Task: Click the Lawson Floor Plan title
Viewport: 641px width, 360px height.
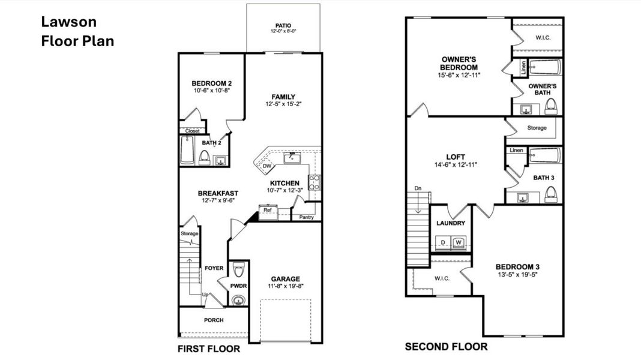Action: pos(77,32)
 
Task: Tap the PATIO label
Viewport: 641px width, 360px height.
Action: pos(283,26)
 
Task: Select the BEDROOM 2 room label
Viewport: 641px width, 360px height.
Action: pos(212,83)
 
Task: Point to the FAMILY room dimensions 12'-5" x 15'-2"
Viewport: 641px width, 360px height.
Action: pos(283,104)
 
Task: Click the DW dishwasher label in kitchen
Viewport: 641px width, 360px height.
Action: pos(266,166)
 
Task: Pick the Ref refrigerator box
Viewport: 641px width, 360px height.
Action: pos(268,211)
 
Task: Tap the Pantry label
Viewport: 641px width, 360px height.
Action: pos(306,217)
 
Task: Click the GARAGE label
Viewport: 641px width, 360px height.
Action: pos(285,278)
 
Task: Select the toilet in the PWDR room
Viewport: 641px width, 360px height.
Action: pos(239,267)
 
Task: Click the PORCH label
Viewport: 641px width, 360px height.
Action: pos(213,320)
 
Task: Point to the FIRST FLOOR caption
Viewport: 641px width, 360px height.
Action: pos(209,349)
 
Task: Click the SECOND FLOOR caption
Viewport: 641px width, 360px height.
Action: pos(446,347)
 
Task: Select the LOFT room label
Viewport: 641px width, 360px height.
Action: pos(456,157)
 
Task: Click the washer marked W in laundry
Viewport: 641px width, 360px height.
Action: pos(459,242)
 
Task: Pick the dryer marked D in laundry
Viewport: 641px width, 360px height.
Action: pos(444,242)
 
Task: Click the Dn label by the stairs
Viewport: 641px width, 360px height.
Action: pos(418,189)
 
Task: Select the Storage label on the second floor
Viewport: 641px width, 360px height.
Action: pos(537,128)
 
